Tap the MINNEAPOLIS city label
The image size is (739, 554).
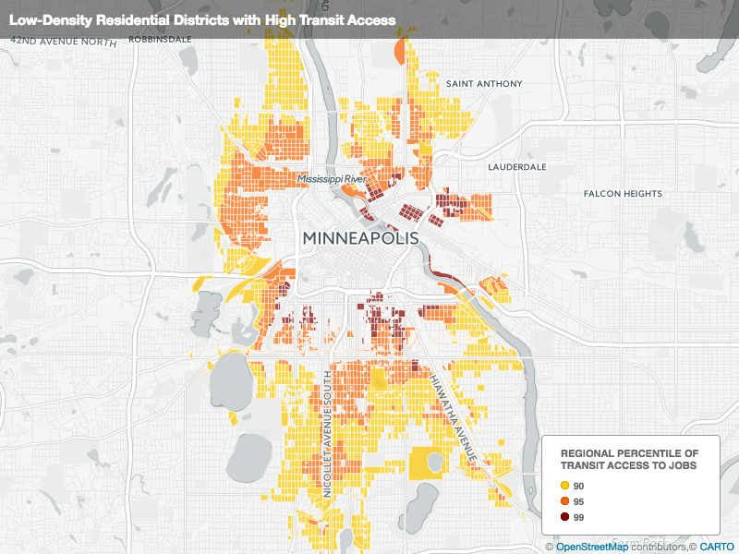click(x=360, y=238)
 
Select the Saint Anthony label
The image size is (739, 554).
click(x=484, y=84)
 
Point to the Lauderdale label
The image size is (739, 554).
click(x=517, y=167)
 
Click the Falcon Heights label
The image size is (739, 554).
click(x=623, y=194)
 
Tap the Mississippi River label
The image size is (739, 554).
click(x=333, y=177)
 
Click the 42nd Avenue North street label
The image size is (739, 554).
click(x=65, y=42)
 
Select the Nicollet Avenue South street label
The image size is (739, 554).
click(x=328, y=424)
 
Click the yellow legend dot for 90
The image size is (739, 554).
click(x=563, y=486)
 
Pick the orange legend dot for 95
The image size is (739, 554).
click(x=563, y=501)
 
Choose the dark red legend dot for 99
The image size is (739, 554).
click(x=563, y=517)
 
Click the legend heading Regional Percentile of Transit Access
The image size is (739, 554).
click(x=630, y=460)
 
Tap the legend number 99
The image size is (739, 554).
click(x=579, y=517)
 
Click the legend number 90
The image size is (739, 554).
click(x=579, y=486)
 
